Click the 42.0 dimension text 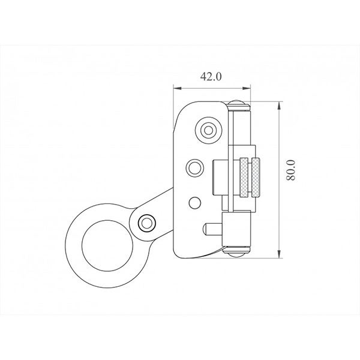[211, 76]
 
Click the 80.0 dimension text [291, 170]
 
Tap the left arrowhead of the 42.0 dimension [178, 88]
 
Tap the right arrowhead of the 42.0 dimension [247, 88]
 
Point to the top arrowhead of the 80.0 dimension [279, 106]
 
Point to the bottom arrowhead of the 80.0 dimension [279, 254]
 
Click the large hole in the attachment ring [107, 245]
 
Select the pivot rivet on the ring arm [147, 223]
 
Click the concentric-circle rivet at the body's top [208, 130]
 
